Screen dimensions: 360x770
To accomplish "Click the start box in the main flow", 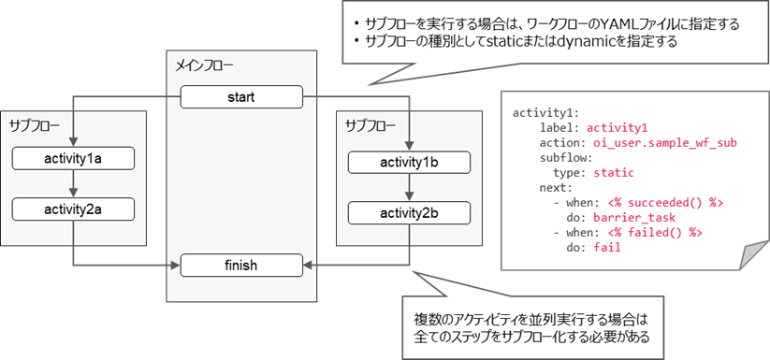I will [x=241, y=95].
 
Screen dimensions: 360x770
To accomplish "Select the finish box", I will [x=241, y=266].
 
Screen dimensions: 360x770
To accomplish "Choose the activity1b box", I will [x=408, y=164].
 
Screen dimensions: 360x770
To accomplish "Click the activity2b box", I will [x=408, y=214].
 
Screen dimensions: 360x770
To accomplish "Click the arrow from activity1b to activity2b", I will [x=408, y=189].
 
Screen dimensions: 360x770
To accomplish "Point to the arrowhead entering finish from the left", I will [x=174, y=266].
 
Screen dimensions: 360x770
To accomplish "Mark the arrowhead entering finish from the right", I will [x=310, y=266].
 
